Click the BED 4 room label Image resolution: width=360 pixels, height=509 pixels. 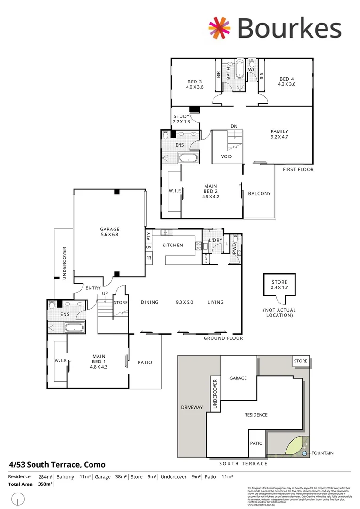click(x=286, y=82)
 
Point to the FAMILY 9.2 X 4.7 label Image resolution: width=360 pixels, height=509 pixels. click(x=279, y=135)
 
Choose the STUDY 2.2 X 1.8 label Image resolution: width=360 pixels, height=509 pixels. click(x=181, y=119)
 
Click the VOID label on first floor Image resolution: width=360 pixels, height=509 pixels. click(x=226, y=156)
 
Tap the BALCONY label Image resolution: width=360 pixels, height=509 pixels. click(x=260, y=193)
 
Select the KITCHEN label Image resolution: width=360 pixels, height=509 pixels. click(x=172, y=246)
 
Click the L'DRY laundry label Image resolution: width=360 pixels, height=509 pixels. click(x=215, y=241)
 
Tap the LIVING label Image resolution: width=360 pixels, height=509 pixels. click(x=215, y=302)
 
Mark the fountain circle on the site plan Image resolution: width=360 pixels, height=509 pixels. click(x=304, y=453)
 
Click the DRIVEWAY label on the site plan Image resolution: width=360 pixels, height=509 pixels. click(x=192, y=407)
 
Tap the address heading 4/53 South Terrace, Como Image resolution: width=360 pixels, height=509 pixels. click(x=57, y=465)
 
